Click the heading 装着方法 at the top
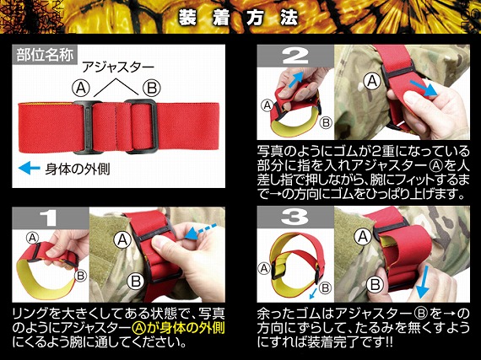point(238,18)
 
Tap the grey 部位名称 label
point(45,55)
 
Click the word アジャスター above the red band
point(118,67)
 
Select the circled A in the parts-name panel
point(81,89)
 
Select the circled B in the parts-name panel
point(152,89)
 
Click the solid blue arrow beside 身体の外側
point(30,169)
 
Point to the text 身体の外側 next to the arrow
point(78,169)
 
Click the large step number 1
point(48,218)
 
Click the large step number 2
point(295,56)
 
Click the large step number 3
point(295,218)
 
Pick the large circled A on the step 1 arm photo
point(122,240)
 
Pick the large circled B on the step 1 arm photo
point(136,281)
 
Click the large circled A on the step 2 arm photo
point(372,81)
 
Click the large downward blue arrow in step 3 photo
point(424,282)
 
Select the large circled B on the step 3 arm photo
point(375,285)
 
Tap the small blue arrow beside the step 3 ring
point(313,293)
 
